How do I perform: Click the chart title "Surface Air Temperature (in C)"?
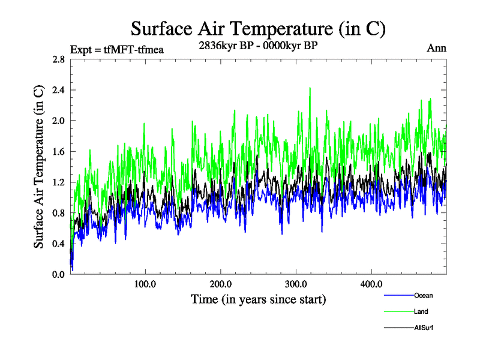click(258, 28)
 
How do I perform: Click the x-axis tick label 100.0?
click(145, 284)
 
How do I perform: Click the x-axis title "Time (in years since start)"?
click(258, 299)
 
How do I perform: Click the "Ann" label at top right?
click(436, 48)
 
